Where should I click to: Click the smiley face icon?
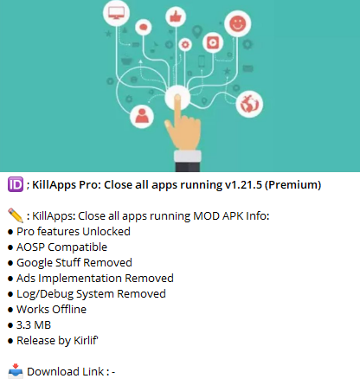pos(238,23)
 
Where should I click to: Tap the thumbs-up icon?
pos(176,16)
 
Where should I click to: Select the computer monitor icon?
pos(116,13)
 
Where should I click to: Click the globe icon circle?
pos(249,104)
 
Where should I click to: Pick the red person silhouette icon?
pos(142,116)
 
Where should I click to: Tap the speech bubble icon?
pos(144,28)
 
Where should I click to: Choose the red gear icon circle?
pos(185,45)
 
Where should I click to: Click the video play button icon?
pos(213,42)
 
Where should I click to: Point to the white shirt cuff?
pos(188,157)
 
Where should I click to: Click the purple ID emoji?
pos(16,184)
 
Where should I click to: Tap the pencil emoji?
pos(16,215)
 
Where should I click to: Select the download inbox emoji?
pos(16,371)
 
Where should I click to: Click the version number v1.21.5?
pos(243,185)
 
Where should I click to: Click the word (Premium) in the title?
pos(292,185)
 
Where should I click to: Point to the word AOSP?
pos(30,247)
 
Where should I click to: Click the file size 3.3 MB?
pos(34,325)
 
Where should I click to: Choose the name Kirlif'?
pos(86,340)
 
